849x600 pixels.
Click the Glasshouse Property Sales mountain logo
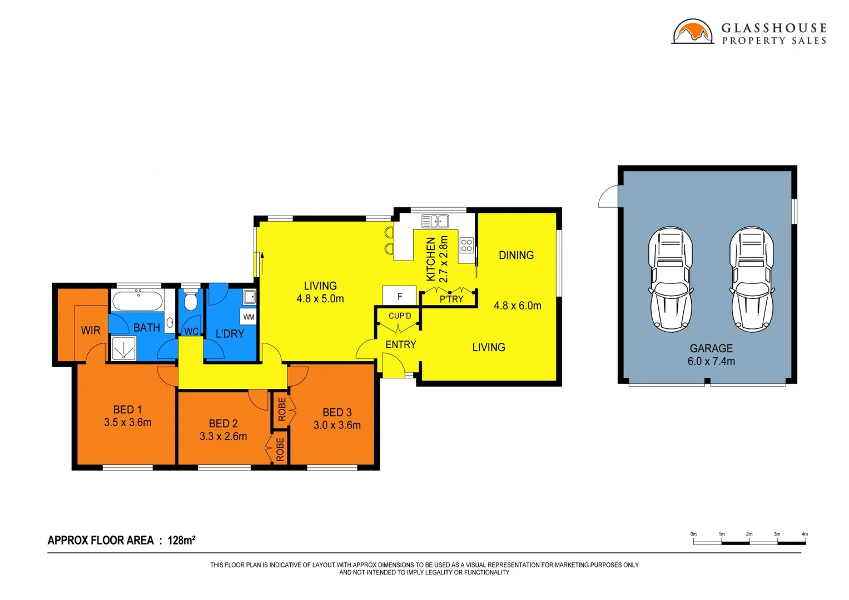click(x=692, y=32)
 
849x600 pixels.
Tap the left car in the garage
click(x=671, y=279)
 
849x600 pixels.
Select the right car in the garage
click(x=752, y=279)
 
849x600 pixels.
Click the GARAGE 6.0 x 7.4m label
click(x=711, y=355)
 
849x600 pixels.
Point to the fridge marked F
click(x=399, y=296)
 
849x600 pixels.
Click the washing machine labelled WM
click(x=249, y=317)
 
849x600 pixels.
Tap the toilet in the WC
click(x=191, y=301)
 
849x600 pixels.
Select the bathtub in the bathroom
click(x=137, y=302)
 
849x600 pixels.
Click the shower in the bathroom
click(x=123, y=349)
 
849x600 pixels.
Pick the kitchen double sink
click(x=435, y=222)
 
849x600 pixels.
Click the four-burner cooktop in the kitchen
click(x=466, y=246)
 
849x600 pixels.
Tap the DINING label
click(x=516, y=256)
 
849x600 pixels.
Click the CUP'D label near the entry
click(x=400, y=316)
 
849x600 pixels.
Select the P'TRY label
click(x=451, y=299)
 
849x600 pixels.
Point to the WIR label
click(x=91, y=331)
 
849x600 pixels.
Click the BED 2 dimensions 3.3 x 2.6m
click(x=223, y=437)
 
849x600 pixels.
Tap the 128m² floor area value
click(x=181, y=541)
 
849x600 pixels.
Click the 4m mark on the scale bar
click(x=804, y=534)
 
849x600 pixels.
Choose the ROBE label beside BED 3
click(x=282, y=409)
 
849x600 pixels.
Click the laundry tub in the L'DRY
click(x=249, y=297)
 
